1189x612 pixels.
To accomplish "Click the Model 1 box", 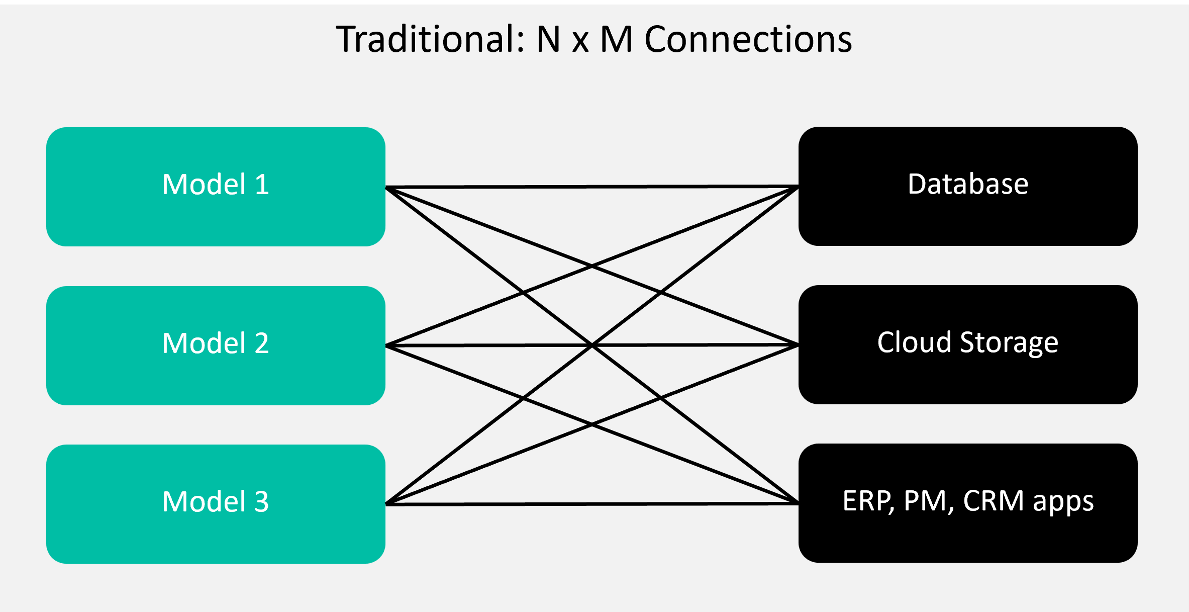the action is [x=216, y=187].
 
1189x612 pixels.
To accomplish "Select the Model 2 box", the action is [x=216, y=345].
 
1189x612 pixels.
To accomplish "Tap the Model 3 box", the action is [x=216, y=504].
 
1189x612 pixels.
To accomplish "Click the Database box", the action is [x=968, y=186].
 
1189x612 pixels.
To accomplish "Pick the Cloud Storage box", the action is [x=968, y=344].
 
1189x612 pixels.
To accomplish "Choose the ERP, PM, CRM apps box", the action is [x=968, y=503].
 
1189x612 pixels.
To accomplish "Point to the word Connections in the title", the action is [x=748, y=39].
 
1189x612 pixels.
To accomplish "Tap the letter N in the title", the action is [x=548, y=39].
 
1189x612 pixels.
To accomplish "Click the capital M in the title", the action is [x=617, y=39].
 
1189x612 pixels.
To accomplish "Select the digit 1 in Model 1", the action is [x=262, y=184].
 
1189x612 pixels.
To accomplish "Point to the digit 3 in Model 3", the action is [x=261, y=501].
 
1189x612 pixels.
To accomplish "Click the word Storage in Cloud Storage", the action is [x=1009, y=344].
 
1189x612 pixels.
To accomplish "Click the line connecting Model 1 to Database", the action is [x=592, y=187].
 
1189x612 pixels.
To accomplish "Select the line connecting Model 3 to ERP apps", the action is [x=592, y=504].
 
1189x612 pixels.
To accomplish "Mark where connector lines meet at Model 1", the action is [x=386, y=188].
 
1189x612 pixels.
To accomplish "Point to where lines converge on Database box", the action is [x=798, y=187].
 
